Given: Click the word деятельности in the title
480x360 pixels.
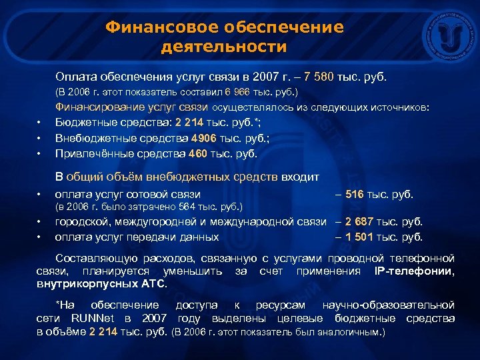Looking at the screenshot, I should pyautogui.click(x=224, y=47).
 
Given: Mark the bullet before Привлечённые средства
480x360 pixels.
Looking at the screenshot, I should pyautogui.click(x=39, y=154).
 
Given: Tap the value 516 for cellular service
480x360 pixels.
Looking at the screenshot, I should pyautogui.click(x=355, y=195).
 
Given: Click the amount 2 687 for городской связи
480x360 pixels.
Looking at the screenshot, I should pyautogui.click(x=360, y=222).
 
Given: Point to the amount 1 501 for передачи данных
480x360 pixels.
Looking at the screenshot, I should pyautogui.click(x=360, y=237).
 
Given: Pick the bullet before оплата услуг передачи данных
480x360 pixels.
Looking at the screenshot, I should pyautogui.click(x=39, y=237).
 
